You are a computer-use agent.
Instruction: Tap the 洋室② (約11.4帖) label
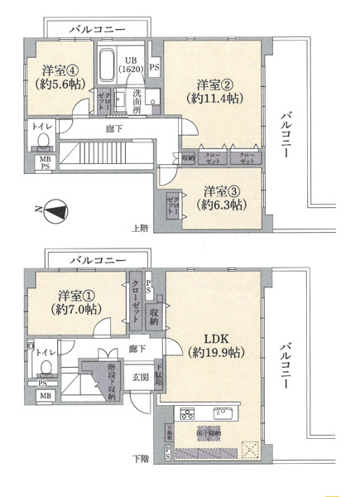(x=213, y=91)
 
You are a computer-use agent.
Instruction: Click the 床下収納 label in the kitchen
(x=207, y=432)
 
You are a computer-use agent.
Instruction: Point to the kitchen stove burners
(x=187, y=413)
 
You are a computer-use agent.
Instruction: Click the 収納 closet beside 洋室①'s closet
(x=154, y=312)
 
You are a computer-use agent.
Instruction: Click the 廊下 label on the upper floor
(x=115, y=129)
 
